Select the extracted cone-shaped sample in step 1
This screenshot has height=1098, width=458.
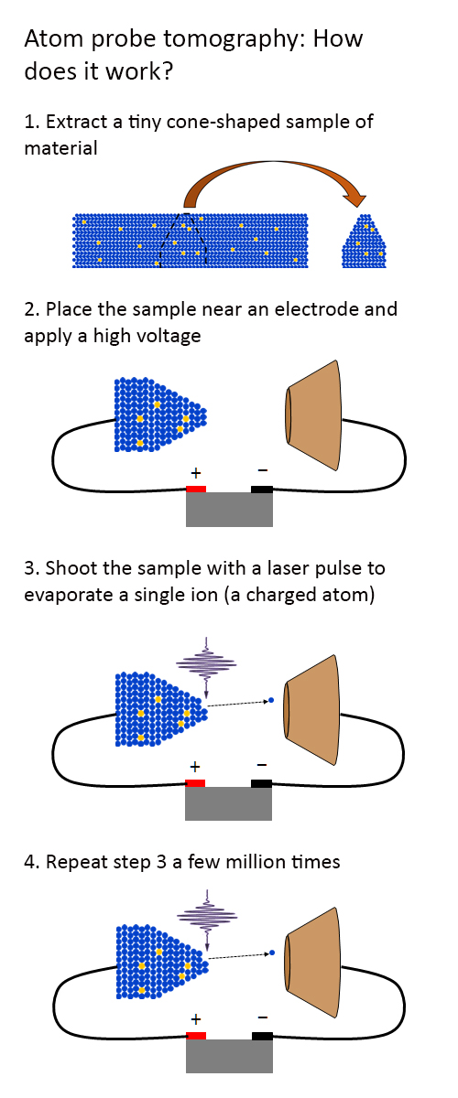point(364,241)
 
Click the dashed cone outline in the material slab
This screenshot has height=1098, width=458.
point(183,239)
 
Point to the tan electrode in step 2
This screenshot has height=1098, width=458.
point(312,415)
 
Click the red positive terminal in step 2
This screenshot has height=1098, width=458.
point(196,489)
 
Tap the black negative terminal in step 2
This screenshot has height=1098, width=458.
point(262,489)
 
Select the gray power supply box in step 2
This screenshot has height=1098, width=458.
point(229,510)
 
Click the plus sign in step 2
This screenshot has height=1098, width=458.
point(196,472)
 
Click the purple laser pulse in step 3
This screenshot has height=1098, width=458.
point(206,667)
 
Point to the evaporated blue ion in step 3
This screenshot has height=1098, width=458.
point(271,700)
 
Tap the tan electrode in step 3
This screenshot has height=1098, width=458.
point(311,710)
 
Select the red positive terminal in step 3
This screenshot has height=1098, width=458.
point(195,783)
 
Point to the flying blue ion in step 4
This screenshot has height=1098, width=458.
point(272,953)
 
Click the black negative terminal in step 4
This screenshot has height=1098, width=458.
point(262,1036)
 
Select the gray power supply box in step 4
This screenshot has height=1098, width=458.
point(229,1056)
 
